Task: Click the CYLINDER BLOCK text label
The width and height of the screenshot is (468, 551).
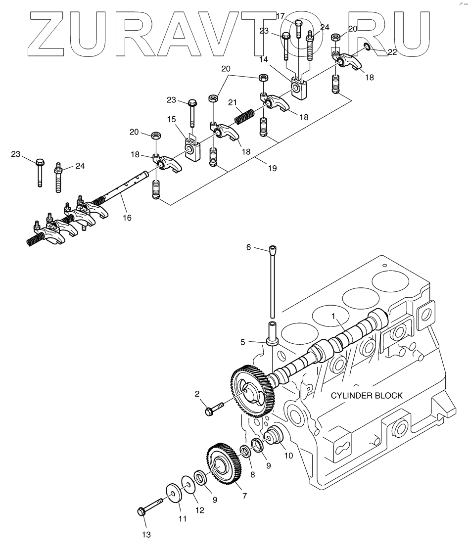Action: click(x=367, y=395)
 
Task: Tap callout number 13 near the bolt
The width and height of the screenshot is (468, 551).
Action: click(x=146, y=534)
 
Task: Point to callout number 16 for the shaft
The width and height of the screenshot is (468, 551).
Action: click(x=127, y=217)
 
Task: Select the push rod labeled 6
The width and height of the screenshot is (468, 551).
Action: click(x=272, y=282)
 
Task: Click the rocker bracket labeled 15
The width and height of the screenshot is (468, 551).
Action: click(x=193, y=148)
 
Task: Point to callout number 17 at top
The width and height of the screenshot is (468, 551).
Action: click(x=280, y=16)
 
